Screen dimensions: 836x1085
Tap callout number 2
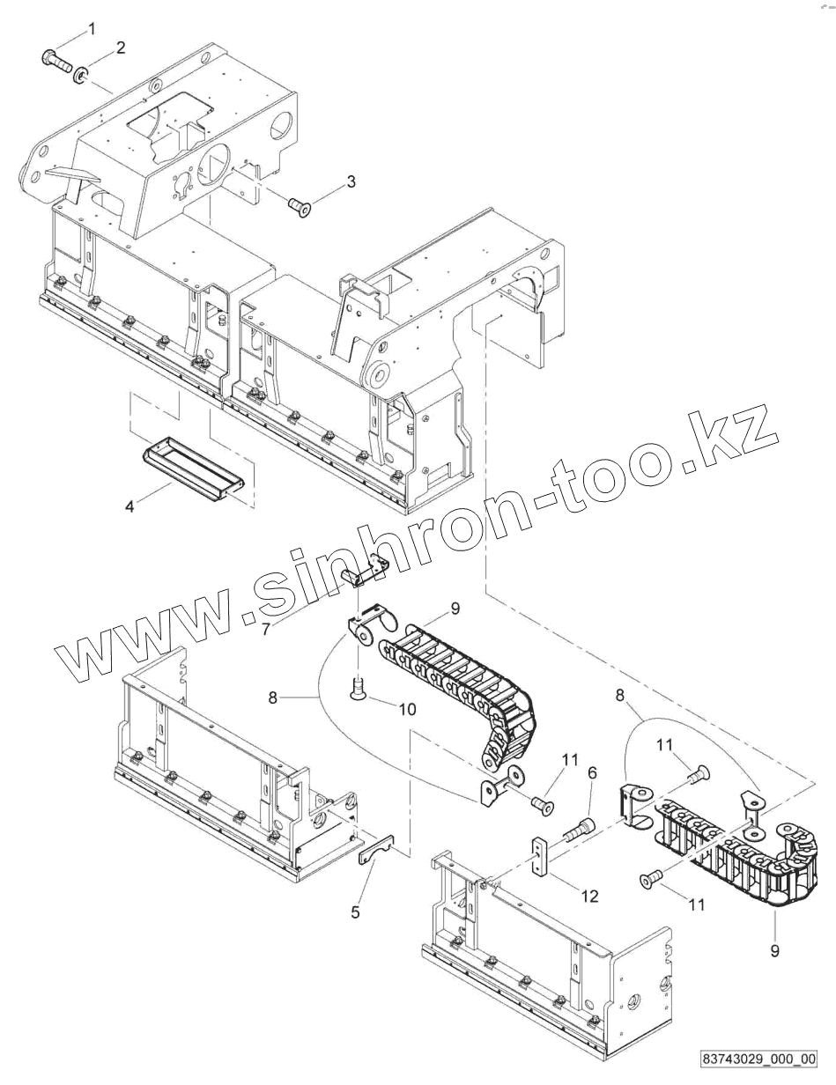click(121, 48)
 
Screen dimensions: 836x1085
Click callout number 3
click(351, 182)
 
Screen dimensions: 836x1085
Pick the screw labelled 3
click(301, 206)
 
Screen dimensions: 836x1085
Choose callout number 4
click(129, 506)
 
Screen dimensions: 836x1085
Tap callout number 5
click(356, 912)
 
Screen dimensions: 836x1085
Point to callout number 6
click(592, 772)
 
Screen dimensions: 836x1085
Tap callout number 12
click(589, 897)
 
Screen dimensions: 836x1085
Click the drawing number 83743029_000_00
click(759, 1057)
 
